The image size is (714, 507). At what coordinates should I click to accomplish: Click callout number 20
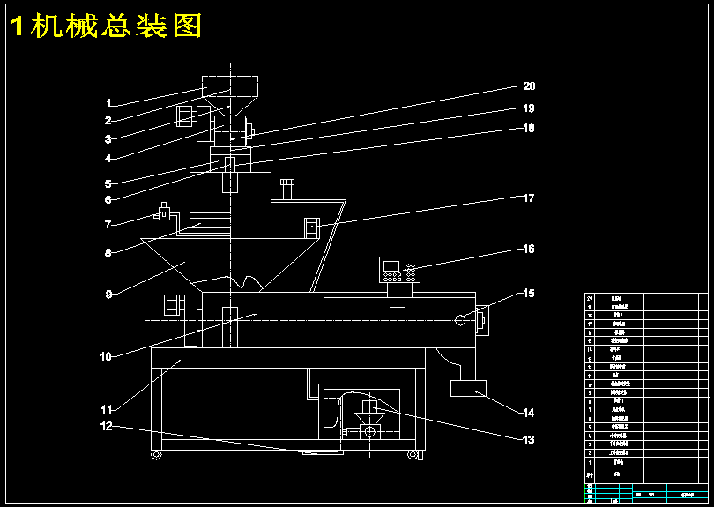[529, 86]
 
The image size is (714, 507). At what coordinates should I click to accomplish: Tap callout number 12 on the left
[107, 427]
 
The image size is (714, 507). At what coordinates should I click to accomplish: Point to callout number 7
[108, 224]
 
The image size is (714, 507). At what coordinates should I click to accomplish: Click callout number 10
[106, 357]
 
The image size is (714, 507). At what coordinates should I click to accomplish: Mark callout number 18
[529, 128]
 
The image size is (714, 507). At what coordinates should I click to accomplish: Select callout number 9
[108, 294]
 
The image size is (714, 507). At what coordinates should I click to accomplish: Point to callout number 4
[108, 159]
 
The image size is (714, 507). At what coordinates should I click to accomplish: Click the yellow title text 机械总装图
[106, 27]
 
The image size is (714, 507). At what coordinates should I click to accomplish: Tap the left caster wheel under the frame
[156, 454]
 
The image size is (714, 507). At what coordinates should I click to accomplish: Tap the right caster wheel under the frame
[412, 454]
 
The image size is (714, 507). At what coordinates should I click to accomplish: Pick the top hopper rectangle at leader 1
[230, 86]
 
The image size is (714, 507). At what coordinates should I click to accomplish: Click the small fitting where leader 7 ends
[163, 212]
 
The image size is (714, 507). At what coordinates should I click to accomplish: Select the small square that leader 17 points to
[311, 227]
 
